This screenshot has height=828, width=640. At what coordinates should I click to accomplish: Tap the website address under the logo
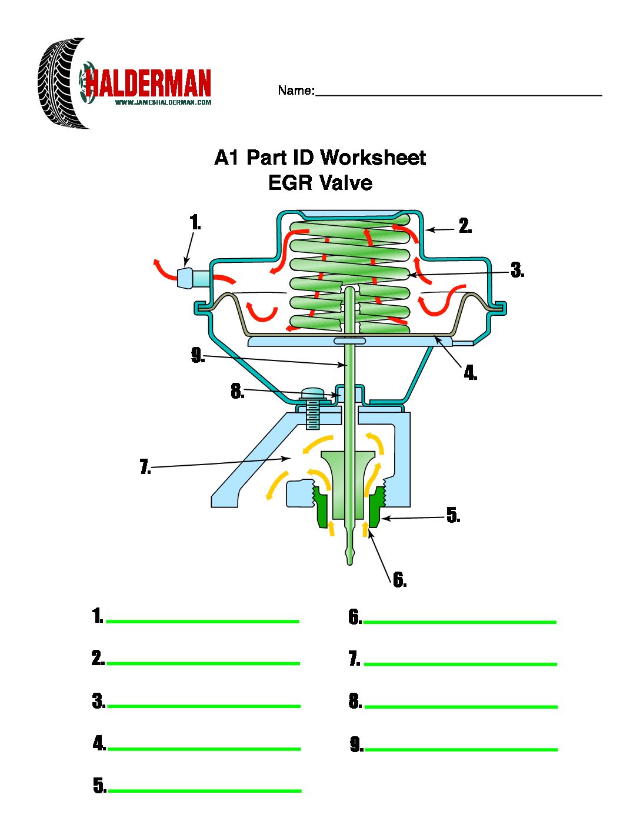pos(163,102)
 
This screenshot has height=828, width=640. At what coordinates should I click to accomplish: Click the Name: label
pos(296,91)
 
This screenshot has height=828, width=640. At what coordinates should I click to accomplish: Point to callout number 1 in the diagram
pos(195,223)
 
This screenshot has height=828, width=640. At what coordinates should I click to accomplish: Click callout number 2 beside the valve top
pos(465,226)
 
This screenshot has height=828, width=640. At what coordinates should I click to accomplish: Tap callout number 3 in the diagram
pos(516,271)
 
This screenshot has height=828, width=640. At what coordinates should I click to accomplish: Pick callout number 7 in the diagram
pos(145,468)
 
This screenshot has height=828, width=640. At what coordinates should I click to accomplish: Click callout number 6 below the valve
pos(399,580)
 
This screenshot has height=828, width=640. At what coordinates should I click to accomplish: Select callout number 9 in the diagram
pos(198,356)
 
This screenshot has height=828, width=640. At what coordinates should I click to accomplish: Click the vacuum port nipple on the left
pos(186,278)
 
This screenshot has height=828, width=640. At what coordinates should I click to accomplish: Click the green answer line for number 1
pos(202,621)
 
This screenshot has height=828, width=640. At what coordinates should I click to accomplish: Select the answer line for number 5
pos(205,790)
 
